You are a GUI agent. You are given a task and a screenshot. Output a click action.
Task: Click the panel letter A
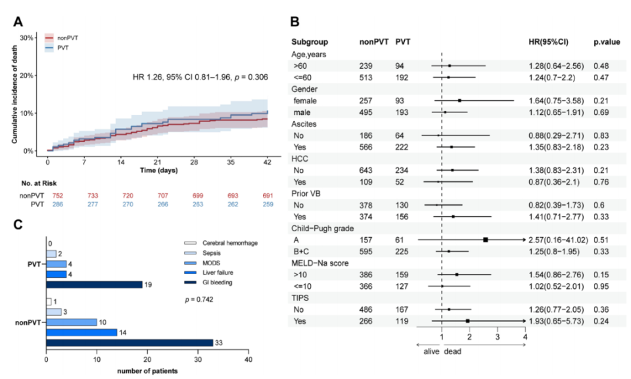tap(18, 22)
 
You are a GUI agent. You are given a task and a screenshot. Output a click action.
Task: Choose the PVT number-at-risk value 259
tap(267, 205)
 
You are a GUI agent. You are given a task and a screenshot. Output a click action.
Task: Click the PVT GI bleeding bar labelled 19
tap(94, 284)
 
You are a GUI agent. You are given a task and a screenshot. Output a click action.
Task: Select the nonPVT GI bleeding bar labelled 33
tap(129, 342)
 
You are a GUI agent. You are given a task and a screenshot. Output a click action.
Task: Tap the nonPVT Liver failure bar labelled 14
tap(82, 332)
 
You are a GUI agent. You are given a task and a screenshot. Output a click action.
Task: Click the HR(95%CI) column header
tap(548, 42)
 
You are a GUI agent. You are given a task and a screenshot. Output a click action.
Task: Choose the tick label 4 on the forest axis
tap(525, 338)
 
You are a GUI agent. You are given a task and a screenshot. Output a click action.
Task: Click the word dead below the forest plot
tap(453, 351)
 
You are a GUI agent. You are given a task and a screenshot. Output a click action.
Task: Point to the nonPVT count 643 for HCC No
tap(368, 170)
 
